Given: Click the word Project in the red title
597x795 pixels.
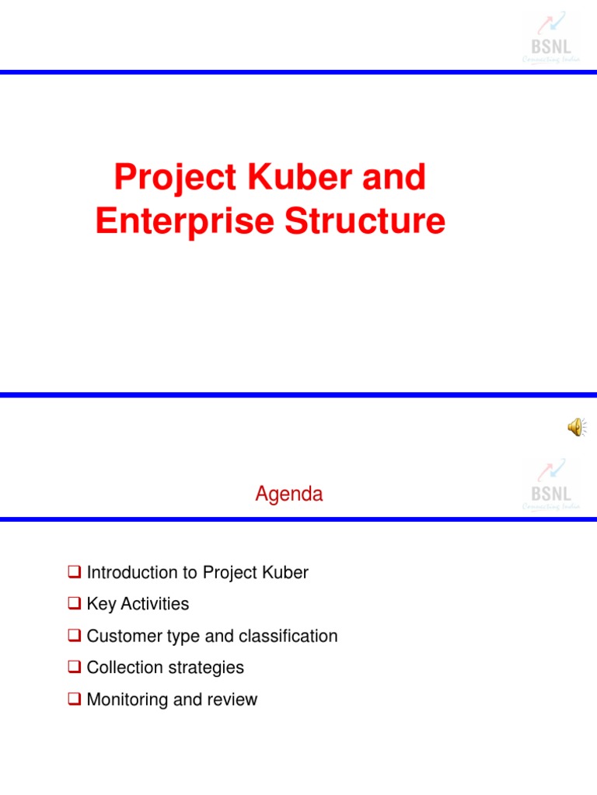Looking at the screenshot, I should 175,179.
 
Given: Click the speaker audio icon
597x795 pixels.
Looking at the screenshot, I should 577,426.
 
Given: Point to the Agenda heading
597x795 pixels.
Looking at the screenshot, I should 289,495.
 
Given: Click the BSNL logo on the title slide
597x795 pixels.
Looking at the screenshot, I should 550,39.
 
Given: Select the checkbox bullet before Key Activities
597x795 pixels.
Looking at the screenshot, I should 75,604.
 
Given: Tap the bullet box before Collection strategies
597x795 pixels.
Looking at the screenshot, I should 75,668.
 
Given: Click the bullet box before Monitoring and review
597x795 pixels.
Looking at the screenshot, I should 75,700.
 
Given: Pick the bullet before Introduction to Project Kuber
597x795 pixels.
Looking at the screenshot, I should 75,573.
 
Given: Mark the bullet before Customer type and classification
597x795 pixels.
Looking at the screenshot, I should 75,636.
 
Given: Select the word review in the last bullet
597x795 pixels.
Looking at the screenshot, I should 232,700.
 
